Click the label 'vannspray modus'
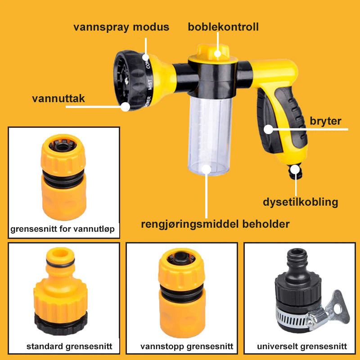coord(121,27)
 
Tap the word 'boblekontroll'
coord(223,27)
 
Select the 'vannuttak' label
coord(58,99)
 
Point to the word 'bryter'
coord(325,121)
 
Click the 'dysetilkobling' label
coord(300,202)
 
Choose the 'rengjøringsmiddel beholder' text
coord(215,224)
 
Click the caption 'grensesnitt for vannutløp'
coord(63,229)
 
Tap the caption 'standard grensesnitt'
coord(69,346)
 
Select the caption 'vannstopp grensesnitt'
coord(187,346)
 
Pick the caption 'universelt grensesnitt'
coord(302,346)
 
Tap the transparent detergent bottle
coord(209,135)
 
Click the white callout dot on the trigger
coord(268,129)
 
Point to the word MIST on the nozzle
coord(150,85)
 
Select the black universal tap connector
coord(298,290)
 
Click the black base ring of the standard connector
coord(61,324)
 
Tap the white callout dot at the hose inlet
coord(295,170)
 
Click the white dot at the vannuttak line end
coord(126,107)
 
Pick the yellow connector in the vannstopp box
coord(182,293)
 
